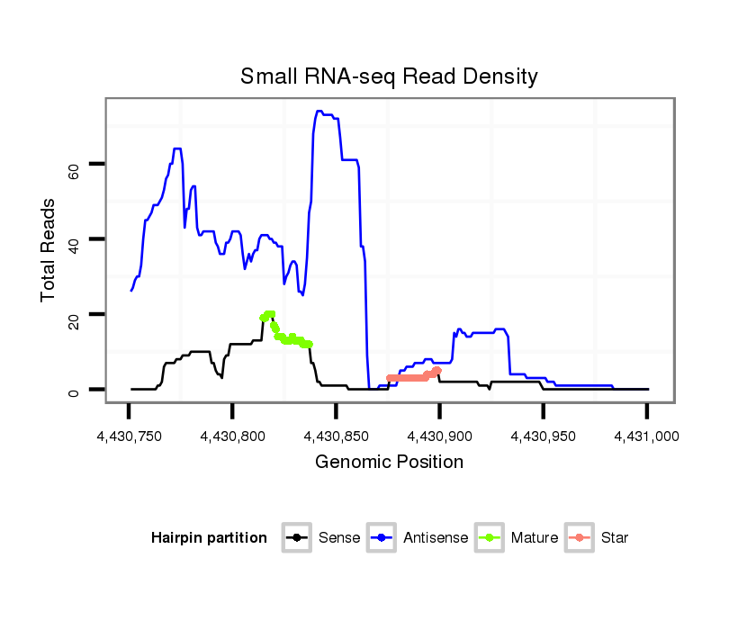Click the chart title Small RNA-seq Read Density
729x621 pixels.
tap(389, 76)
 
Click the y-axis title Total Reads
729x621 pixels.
tap(49, 249)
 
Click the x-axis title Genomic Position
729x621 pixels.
tap(389, 463)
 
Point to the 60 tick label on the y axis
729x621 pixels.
tap(74, 165)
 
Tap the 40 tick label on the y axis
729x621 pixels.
tap(74, 239)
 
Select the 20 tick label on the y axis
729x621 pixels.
tap(74, 314)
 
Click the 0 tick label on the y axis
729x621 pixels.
tap(74, 390)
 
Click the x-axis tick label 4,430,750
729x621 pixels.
tap(129, 437)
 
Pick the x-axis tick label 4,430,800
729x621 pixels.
tap(232, 437)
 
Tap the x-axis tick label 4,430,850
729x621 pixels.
tap(336, 437)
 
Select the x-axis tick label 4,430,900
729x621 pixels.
tap(439, 437)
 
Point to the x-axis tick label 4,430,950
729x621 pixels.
tap(543, 437)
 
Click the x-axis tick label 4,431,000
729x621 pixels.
tap(646, 437)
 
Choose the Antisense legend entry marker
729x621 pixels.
tap(381, 538)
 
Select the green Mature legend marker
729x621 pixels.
tap(489, 538)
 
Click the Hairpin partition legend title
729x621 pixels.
tap(209, 538)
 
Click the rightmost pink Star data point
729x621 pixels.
tap(437, 370)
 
